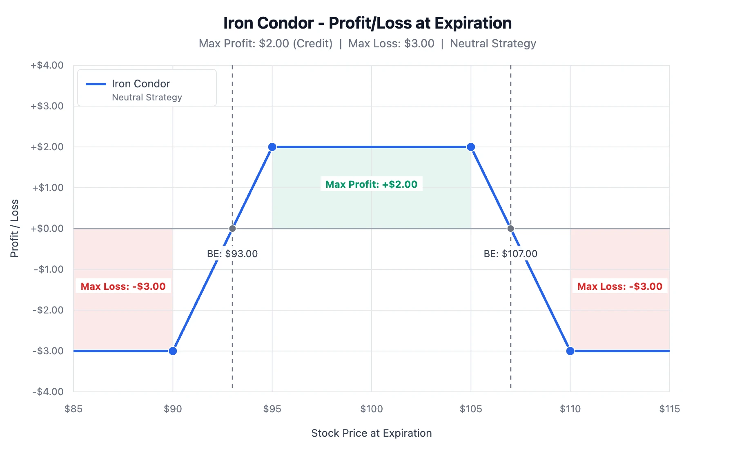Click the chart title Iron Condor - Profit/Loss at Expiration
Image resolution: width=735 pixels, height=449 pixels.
click(367, 23)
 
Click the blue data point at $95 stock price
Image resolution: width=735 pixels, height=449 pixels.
click(272, 147)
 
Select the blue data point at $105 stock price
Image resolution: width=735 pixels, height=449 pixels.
click(471, 147)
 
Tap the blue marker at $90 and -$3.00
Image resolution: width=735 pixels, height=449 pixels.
click(173, 351)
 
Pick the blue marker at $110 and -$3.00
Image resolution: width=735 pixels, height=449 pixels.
click(570, 351)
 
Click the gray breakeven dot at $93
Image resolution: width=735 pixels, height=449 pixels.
click(232, 229)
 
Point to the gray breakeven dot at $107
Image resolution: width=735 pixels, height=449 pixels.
click(510, 229)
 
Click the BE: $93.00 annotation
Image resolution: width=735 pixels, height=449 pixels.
click(232, 254)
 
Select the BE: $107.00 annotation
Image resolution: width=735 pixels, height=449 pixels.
click(510, 254)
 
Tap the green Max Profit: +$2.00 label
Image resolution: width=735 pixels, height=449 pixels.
click(371, 184)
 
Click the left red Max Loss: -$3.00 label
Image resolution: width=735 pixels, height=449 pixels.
click(123, 287)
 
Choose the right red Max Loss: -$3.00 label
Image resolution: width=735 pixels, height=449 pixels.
click(619, 287)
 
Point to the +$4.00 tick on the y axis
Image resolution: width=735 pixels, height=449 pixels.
click(47, 65)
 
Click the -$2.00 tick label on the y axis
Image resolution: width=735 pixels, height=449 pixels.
click(48, 310)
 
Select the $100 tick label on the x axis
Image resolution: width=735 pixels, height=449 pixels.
click(371, 409)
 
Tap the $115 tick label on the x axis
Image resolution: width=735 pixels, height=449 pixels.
click(669, 409)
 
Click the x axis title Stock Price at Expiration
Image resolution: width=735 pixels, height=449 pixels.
click(371, 433)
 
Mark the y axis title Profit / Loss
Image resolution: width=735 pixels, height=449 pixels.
click(15, 229)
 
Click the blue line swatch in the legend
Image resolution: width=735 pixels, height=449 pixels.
click(96, 84)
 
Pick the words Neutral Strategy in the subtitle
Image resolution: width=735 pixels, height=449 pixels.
click(493, 44)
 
